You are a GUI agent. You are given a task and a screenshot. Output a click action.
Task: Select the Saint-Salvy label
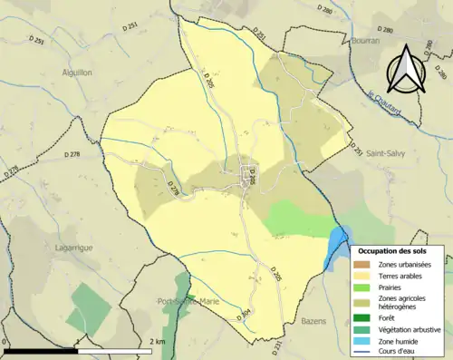coord(385,155)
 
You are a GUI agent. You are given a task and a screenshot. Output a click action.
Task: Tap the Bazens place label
coord(315,323)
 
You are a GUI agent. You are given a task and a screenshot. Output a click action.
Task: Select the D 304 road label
coord(244,315)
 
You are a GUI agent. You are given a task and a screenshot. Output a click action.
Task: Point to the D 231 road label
coord(276,345)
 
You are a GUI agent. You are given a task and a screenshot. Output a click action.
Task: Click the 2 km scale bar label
coord(157,341)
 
